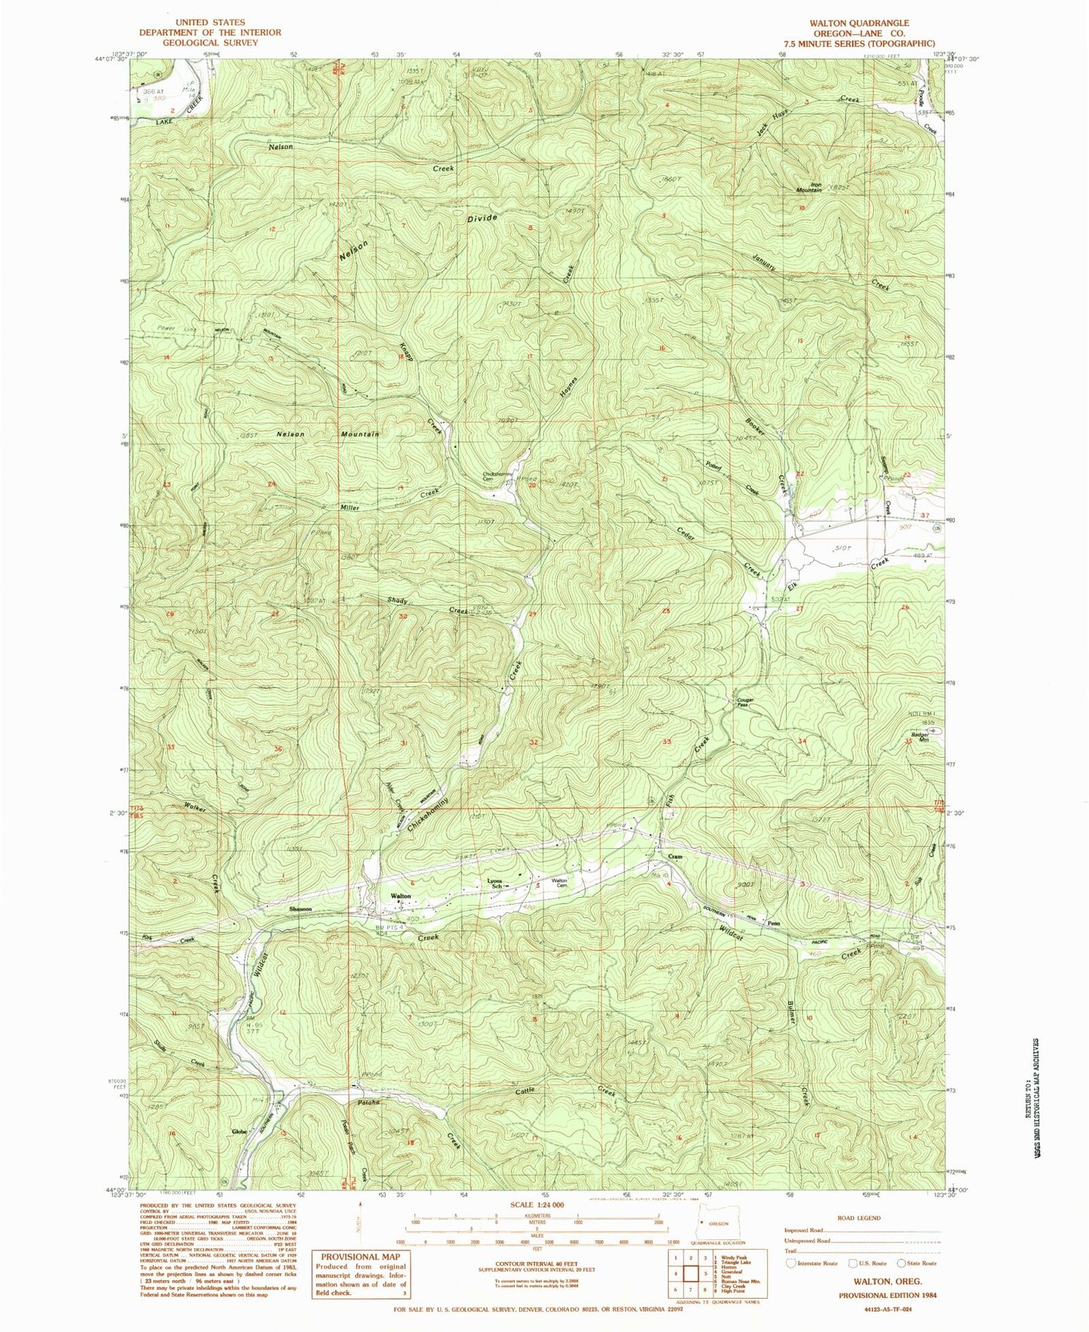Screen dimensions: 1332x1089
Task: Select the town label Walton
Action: [400, 896]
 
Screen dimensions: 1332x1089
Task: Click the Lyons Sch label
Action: [495, 883]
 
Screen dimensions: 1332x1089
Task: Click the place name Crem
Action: [675, 857]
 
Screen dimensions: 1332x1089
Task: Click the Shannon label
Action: [300, 910]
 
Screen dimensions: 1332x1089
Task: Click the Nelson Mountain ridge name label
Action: [327, 434]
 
